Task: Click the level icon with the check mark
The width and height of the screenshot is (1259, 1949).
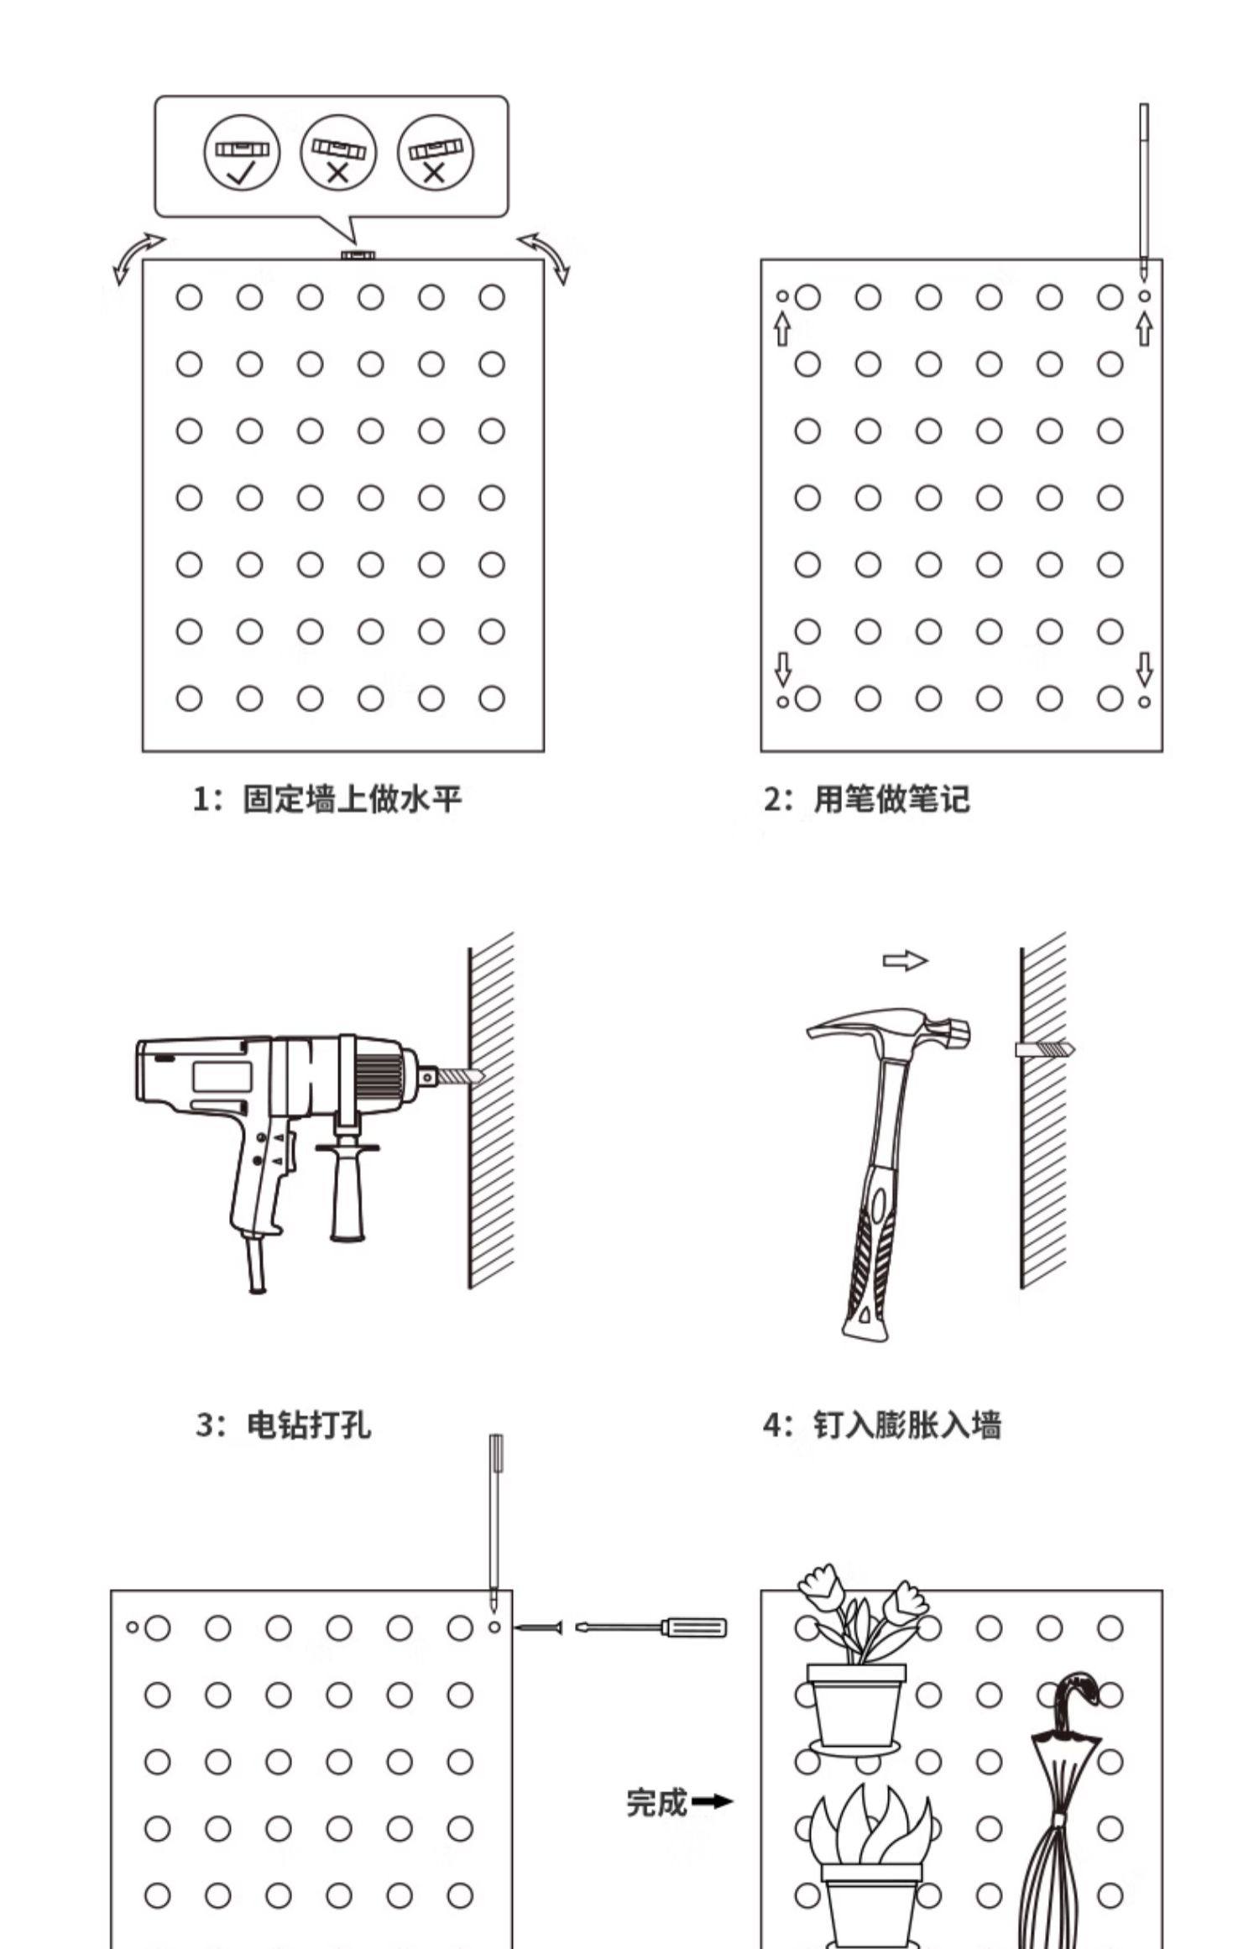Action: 242,152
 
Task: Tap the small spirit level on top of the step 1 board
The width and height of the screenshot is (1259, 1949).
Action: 358,253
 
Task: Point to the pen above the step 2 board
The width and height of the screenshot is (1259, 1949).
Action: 1143,189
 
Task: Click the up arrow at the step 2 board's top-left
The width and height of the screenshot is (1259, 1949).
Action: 782,328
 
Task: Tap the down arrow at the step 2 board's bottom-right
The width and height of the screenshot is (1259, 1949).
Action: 1144,669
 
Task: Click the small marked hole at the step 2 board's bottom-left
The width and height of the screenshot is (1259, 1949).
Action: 782,701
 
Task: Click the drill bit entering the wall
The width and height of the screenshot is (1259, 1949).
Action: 459,1076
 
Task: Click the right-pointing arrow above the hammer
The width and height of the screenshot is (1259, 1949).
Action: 905,960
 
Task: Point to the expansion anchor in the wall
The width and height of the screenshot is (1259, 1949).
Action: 1044,1049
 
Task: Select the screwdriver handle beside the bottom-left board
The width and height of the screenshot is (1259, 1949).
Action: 693,1628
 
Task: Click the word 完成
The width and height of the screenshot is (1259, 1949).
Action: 656,1802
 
